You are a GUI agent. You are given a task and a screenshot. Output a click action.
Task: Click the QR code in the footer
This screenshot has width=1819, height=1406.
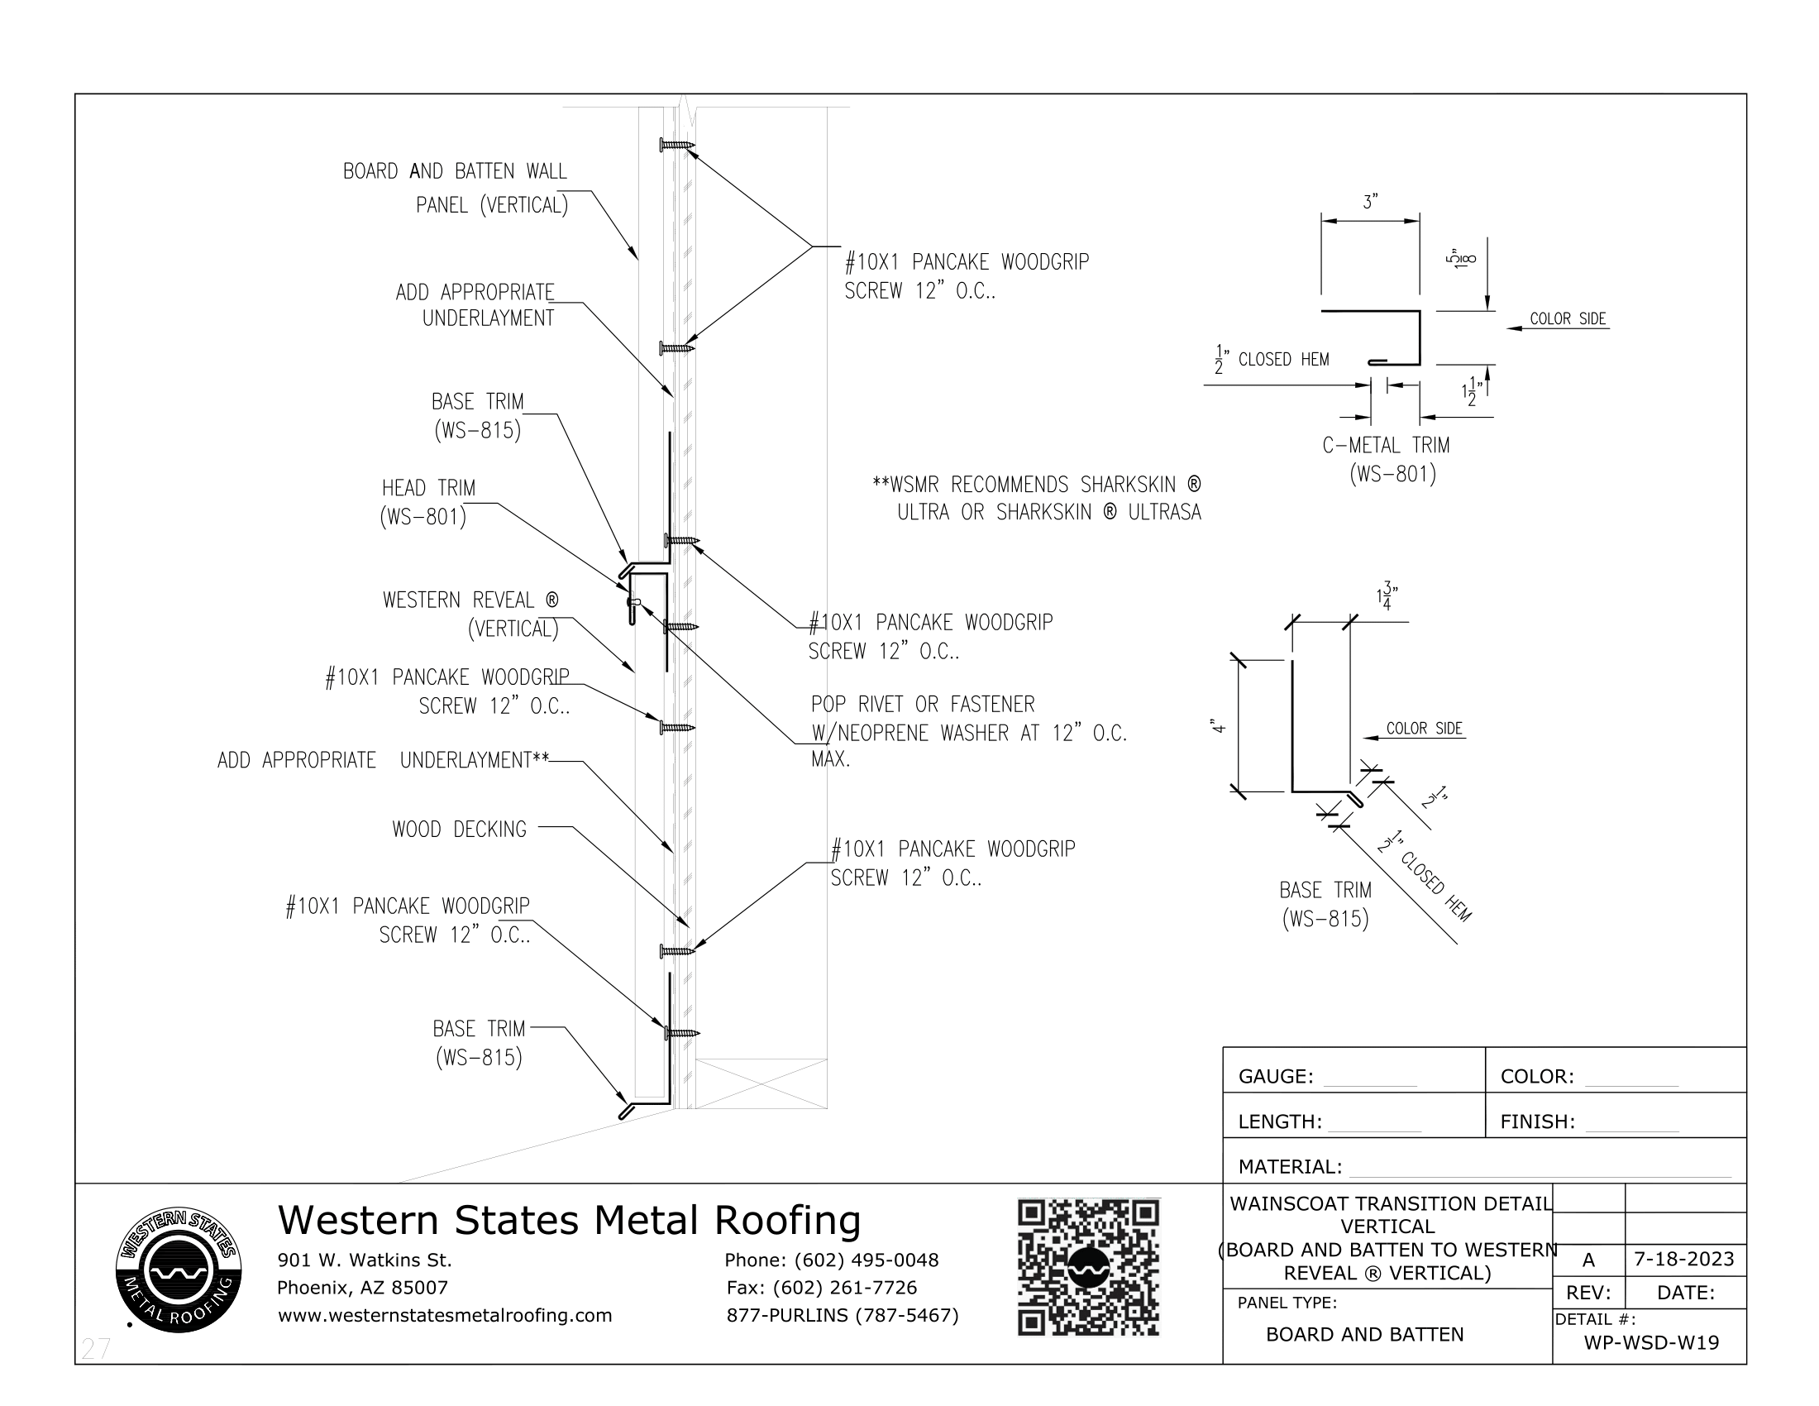pos(1088,1267)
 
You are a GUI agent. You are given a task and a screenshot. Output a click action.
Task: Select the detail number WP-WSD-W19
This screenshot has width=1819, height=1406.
pos(1651,1341)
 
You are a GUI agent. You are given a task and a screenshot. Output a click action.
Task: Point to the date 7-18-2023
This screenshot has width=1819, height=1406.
pos(1683,1259)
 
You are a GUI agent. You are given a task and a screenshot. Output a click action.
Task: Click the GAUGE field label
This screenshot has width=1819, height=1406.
pos(1275,1076)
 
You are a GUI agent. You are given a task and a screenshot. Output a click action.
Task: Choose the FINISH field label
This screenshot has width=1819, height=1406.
pos(1537,1121)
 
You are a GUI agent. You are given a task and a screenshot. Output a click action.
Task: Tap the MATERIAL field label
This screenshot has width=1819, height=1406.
pos(1289,1166)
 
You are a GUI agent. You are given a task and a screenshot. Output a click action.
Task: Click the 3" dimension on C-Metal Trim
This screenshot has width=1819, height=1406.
pos(1370,203)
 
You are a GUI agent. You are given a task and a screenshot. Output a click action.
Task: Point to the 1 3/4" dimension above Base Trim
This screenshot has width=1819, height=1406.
pos(1386,597)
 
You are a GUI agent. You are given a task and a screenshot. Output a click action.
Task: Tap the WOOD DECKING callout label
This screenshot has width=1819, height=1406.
pos(459,829)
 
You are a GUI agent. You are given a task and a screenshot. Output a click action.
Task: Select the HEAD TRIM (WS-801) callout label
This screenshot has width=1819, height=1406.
pos(427,502)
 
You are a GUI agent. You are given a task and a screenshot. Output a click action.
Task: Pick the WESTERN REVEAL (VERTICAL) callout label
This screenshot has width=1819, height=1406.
pos(470,614)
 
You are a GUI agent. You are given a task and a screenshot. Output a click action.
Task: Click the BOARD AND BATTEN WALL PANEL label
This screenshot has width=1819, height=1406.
pos(456,188)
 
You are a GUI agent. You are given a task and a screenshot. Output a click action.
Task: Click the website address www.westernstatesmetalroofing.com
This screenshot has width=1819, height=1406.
pos(445,1315)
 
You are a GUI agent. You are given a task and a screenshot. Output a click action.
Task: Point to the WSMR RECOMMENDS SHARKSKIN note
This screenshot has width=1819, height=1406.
pos(1037,498)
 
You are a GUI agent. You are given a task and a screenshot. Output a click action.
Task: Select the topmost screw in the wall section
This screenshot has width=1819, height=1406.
pos(676,145)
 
